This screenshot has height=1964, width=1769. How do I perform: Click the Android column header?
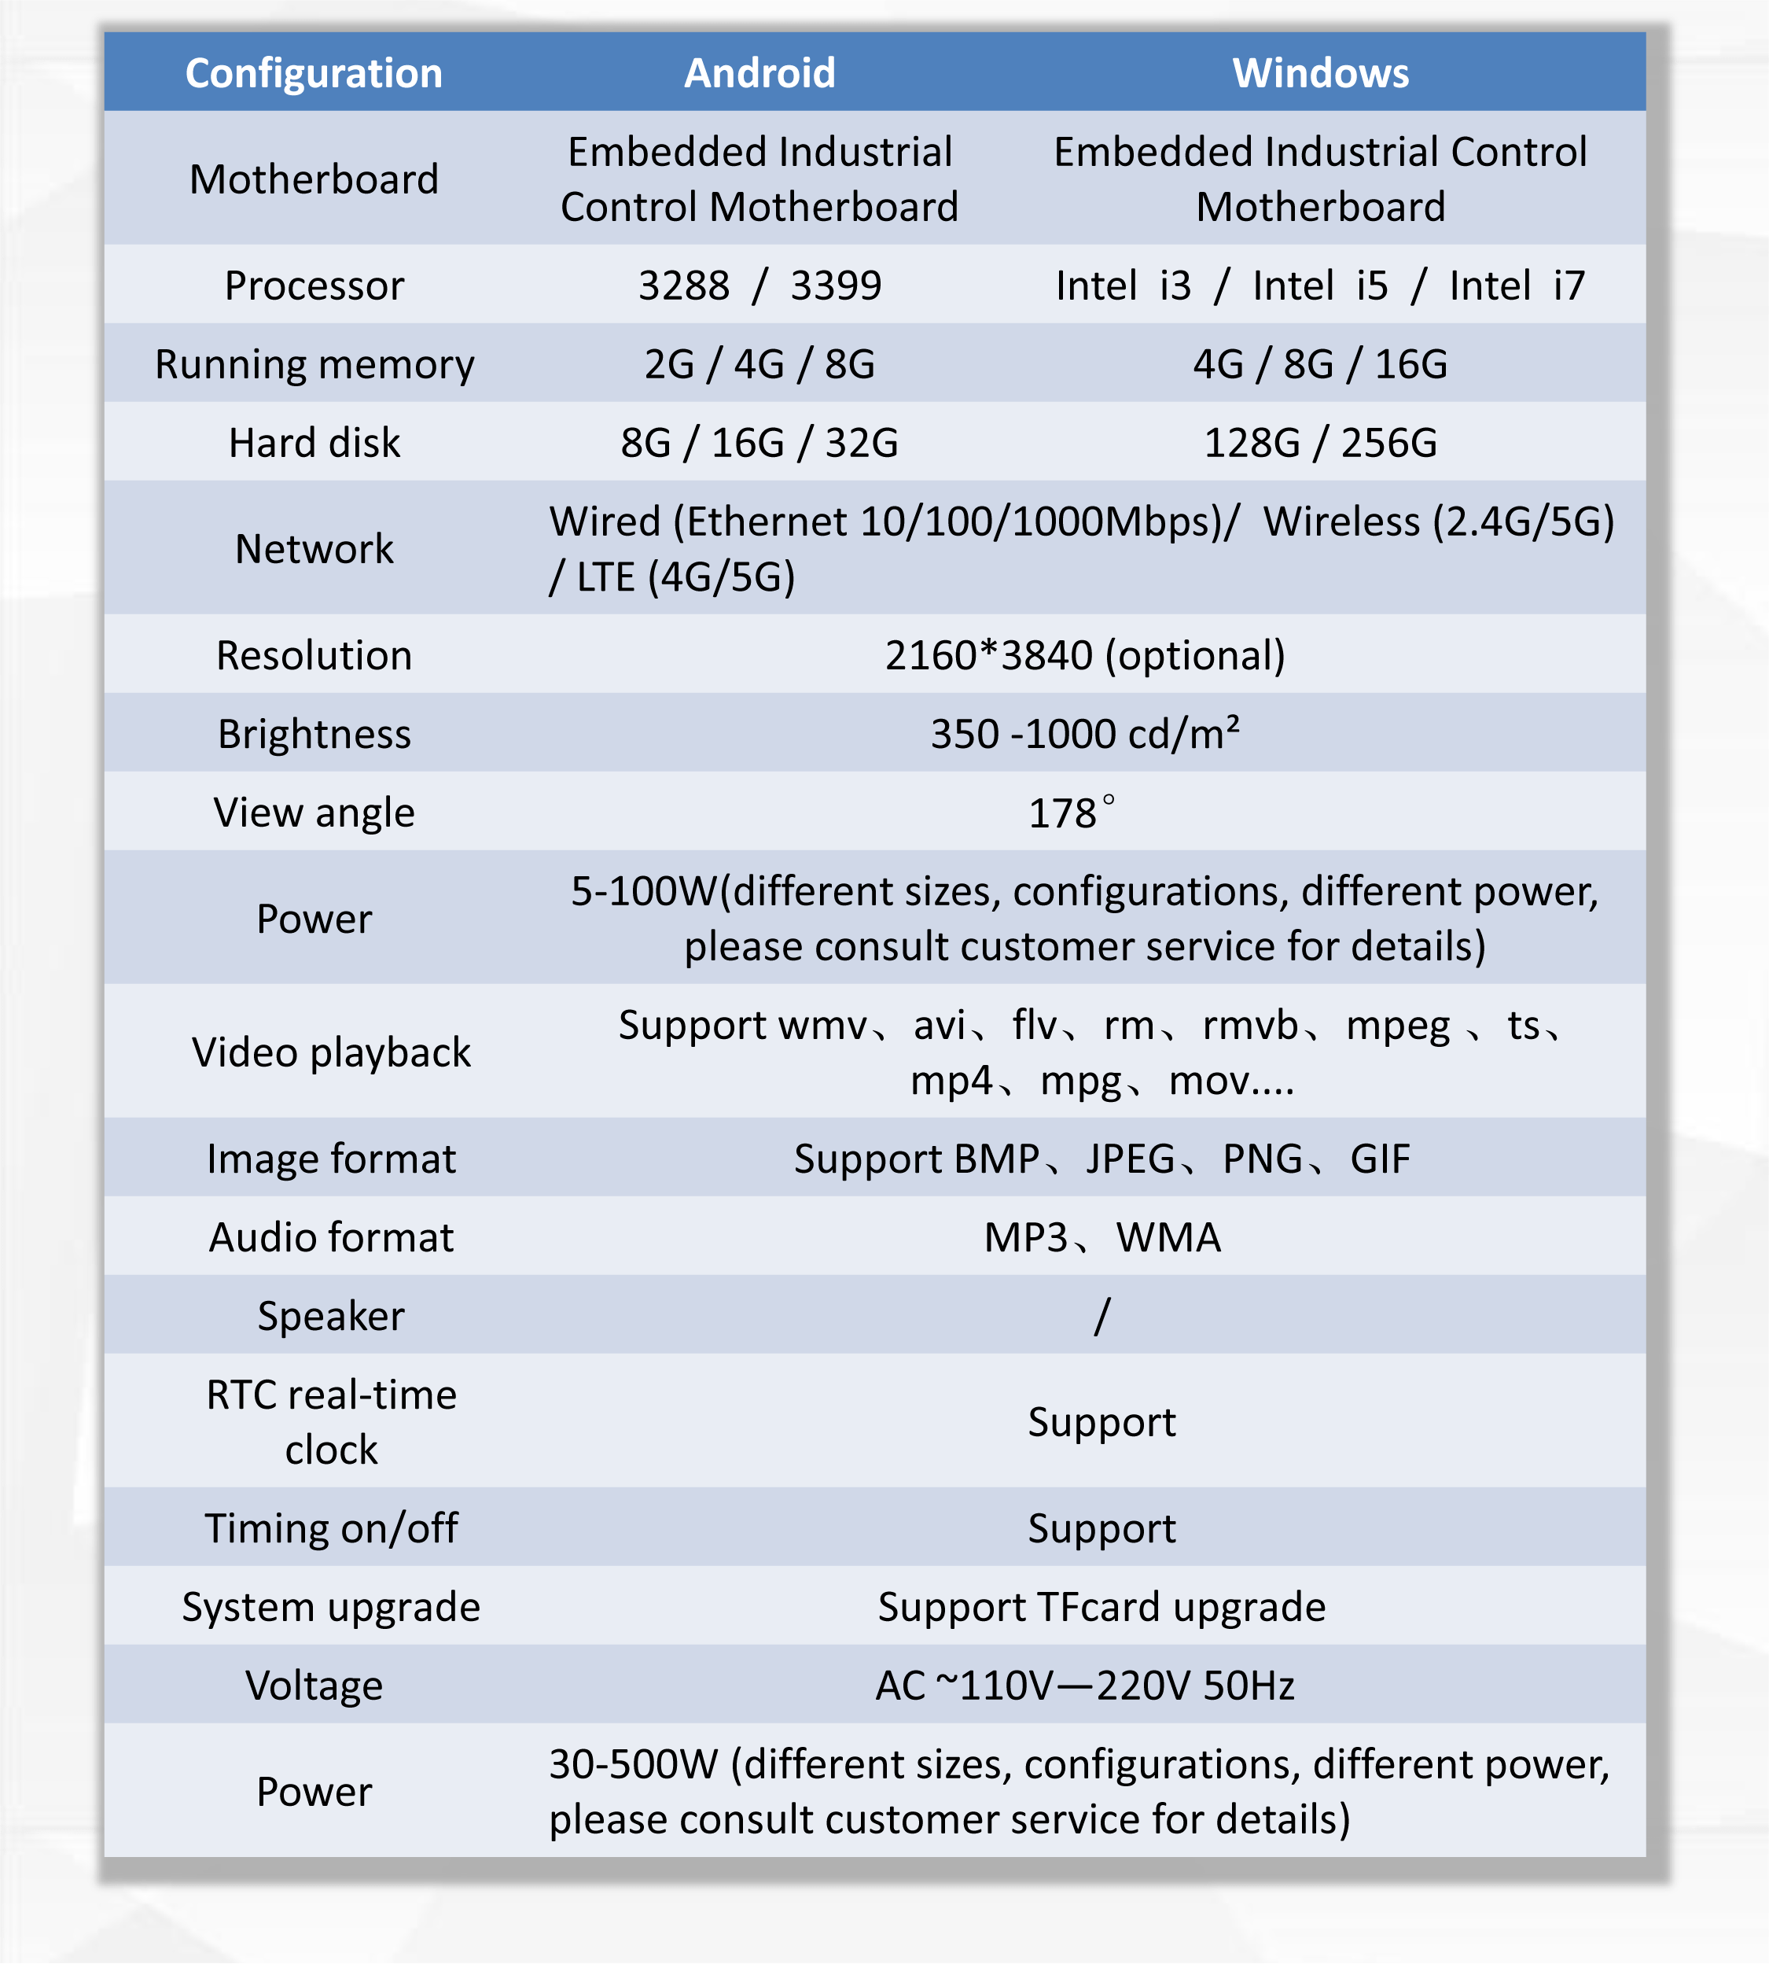[759, 73]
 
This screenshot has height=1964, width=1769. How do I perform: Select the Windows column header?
[1320, 73]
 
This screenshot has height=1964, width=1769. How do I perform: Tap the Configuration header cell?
[313, 73]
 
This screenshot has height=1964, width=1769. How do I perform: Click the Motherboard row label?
[313, 179]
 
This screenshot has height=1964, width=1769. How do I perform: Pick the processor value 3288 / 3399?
[759, 285]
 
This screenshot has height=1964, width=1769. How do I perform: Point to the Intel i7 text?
[1517, 285]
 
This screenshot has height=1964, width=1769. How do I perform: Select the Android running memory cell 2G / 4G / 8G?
[759, 363]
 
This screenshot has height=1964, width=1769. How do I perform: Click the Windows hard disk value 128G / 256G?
[1320, 442]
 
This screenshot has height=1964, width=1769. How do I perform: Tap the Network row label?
[313, 548]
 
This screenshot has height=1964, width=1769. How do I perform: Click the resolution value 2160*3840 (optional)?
[1085, 655]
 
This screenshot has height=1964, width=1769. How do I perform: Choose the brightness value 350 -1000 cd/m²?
[1085, 734]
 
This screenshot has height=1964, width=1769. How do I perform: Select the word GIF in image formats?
[1379, 1159]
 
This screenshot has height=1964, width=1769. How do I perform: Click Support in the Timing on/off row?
[1101, 1528]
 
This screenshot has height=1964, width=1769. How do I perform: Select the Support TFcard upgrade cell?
[1101, 1607]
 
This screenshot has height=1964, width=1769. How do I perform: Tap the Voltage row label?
[313, 1686]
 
